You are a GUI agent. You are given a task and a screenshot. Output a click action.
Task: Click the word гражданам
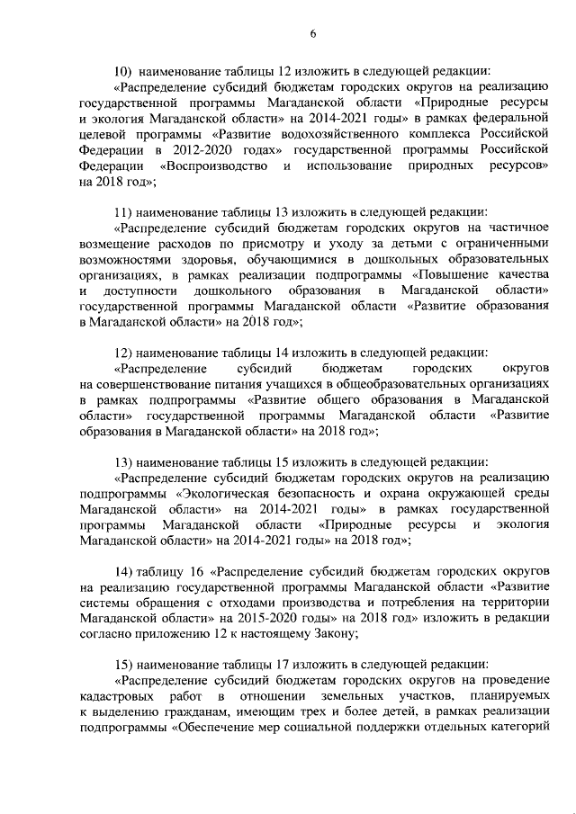[202, 714]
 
